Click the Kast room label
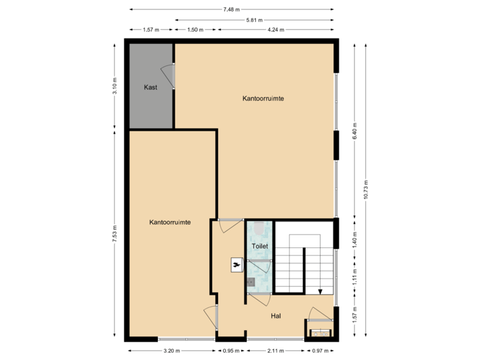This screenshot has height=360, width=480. (x=151, y=87)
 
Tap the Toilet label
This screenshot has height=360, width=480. (x=259, y=246)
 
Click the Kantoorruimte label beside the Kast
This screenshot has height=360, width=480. (x=263, y=98)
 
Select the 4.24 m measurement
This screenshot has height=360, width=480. (x=276, y=29)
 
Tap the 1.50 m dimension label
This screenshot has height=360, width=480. (x=195, y=29)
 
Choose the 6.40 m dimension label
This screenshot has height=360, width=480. (x=355, y=130)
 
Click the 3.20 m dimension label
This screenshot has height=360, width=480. (x=171, y=350)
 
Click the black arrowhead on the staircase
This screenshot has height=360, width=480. (x=321, y=291)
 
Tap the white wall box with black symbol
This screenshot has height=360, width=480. (x=236, y=265)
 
